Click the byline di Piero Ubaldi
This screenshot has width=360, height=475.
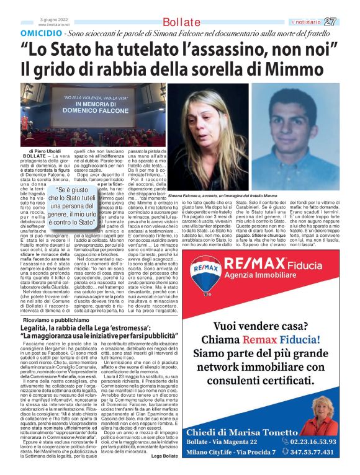pyautogui.click(x=45, y=151)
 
